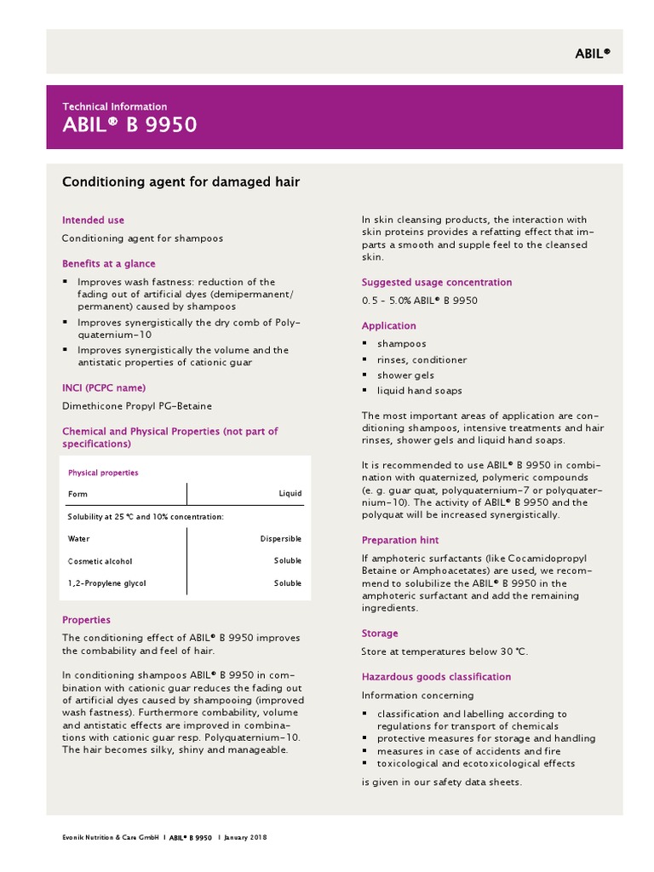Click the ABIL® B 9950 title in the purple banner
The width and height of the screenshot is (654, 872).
pyautogui.click(x=129, y=125)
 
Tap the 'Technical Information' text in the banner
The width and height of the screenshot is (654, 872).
pyautogui.click(x=114, y=106)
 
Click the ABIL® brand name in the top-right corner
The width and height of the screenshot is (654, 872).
pyautogui.click(x=591, y=53)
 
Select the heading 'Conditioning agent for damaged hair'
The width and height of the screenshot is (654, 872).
pyautogui.click(x=181, y=181)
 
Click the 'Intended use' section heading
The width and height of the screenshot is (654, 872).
pyautogui.click(x=93, y=220)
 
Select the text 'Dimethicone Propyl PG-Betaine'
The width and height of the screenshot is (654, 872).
pyautogui.click(x=137, y=406)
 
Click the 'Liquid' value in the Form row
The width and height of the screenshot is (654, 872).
pyautogui.click(x=290, y=494)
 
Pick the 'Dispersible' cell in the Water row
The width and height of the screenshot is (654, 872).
pyautogui.click(x=280, y=539)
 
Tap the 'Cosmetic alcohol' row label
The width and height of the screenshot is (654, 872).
pyautogui.click(x=100, y=561)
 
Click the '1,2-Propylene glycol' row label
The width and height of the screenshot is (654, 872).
pyautogui.click(x=106, y=583)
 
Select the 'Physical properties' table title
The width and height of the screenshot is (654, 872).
pyautogui.click(x=102, y=473)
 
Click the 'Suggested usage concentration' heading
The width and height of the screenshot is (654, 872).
pyautogui.click(x=436, y=282)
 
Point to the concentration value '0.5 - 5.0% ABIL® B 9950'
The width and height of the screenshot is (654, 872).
pyautogui.click(x=419, y=301)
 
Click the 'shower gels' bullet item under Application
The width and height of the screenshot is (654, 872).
pyautogui.click(x=405, y=376)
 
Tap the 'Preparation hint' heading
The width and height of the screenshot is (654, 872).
pyautogui.click(x=400, y=540)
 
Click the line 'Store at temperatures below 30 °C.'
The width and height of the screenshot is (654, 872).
pyautogui.click(x=445, y=651)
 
